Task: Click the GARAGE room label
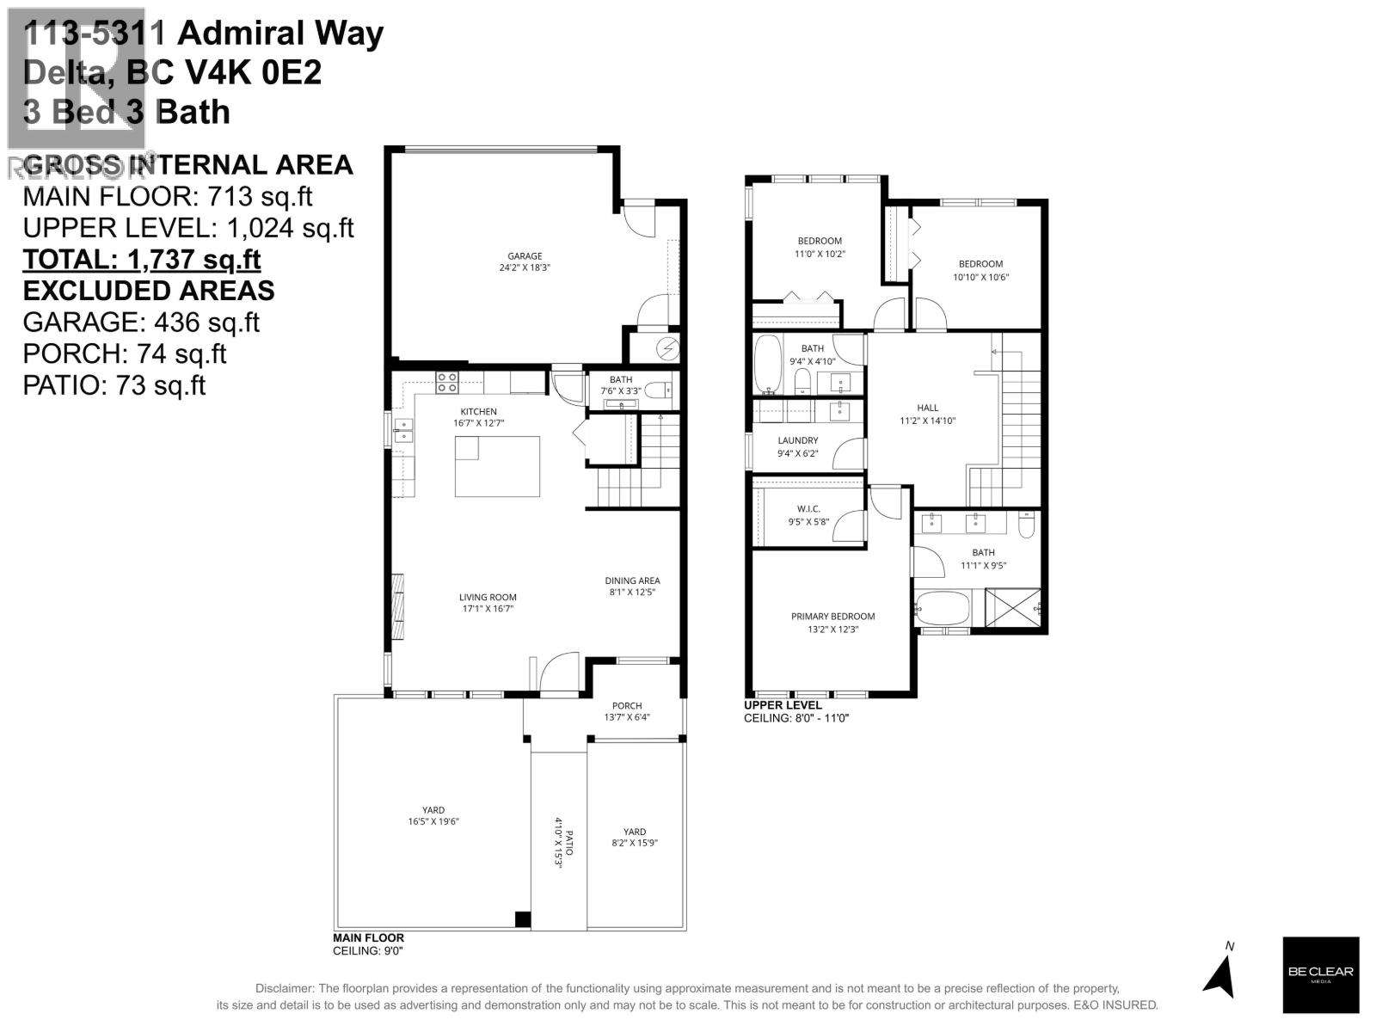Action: pyautogui.click(x=525, y=261)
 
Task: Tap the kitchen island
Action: pyautogui.click(x=498, y=466)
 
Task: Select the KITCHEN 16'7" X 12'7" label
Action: pyautogui.click(x=478, y=417)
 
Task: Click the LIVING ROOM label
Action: pyautogui.click(x=488, y=603)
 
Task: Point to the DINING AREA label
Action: pyautogui.click(x=632, y=586)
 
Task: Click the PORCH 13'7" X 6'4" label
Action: pyautogui.click(x=627, y=711)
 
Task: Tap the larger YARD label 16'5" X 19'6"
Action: pyautogui.click(x=433, y=815)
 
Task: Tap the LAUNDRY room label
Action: pyautogui.click(x=797, y=446)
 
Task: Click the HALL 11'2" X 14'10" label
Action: pyautogui.click(x=928, y=414)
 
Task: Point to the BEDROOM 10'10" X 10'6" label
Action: pyautogui.click(x=980, y=270)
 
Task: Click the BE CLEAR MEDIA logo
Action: pyautogui.click(x=1320, y=974)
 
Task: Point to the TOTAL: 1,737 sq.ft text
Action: pyautogui.click(x=142, y=259)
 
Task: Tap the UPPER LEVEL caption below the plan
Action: pyautogui.click(x=783, y=705)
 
